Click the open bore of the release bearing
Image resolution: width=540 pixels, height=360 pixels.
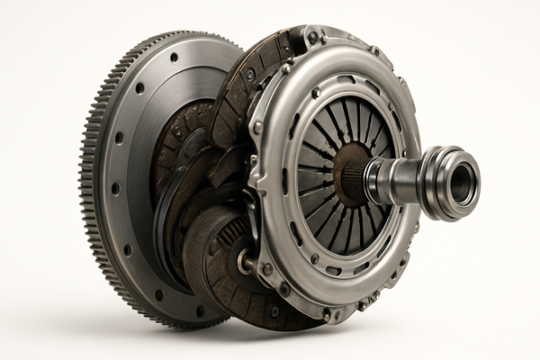(x=463, y=183)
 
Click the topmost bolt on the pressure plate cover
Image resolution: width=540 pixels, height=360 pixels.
(x=312, y=37)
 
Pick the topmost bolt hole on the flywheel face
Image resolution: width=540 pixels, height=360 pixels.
(x=174, y=57)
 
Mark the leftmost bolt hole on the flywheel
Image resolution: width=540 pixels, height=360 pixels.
(x=115, y=189)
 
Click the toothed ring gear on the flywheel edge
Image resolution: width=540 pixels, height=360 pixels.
(x=90, y=180)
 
